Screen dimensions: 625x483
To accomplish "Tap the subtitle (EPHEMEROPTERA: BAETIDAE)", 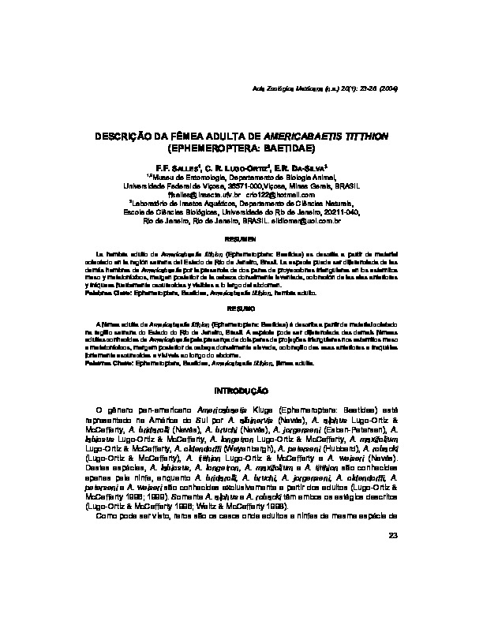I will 241,147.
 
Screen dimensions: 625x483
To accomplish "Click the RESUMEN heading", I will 241,238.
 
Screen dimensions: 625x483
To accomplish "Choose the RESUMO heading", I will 241,309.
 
